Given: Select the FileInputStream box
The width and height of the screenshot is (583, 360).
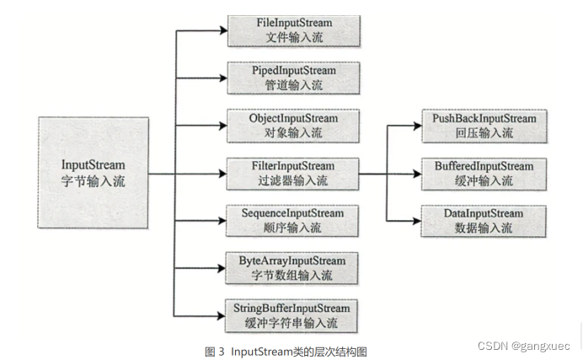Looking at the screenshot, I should tap(293, 30).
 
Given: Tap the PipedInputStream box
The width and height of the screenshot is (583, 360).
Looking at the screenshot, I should tap(293, 78).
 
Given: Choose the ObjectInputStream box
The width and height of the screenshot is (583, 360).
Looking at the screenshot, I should tap(293, 126).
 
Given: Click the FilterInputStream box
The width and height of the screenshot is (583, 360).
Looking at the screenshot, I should tap(293, 173).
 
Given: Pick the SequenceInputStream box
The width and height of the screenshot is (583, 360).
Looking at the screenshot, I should tap(293, 220).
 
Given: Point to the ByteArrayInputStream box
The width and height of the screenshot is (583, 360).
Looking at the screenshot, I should tap(293, 267).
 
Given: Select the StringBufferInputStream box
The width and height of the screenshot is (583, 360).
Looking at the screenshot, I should tap(293, 315).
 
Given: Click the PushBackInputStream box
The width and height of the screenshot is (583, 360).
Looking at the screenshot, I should tap(483, 126).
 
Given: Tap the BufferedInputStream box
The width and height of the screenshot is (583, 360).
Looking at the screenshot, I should tap(483, 173).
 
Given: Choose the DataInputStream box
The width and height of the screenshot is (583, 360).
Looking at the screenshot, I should tap(483, 220).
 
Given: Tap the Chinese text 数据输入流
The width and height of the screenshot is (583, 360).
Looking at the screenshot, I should tap(483, 228).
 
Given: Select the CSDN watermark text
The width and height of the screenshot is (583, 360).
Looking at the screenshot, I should tap(523, 346).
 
